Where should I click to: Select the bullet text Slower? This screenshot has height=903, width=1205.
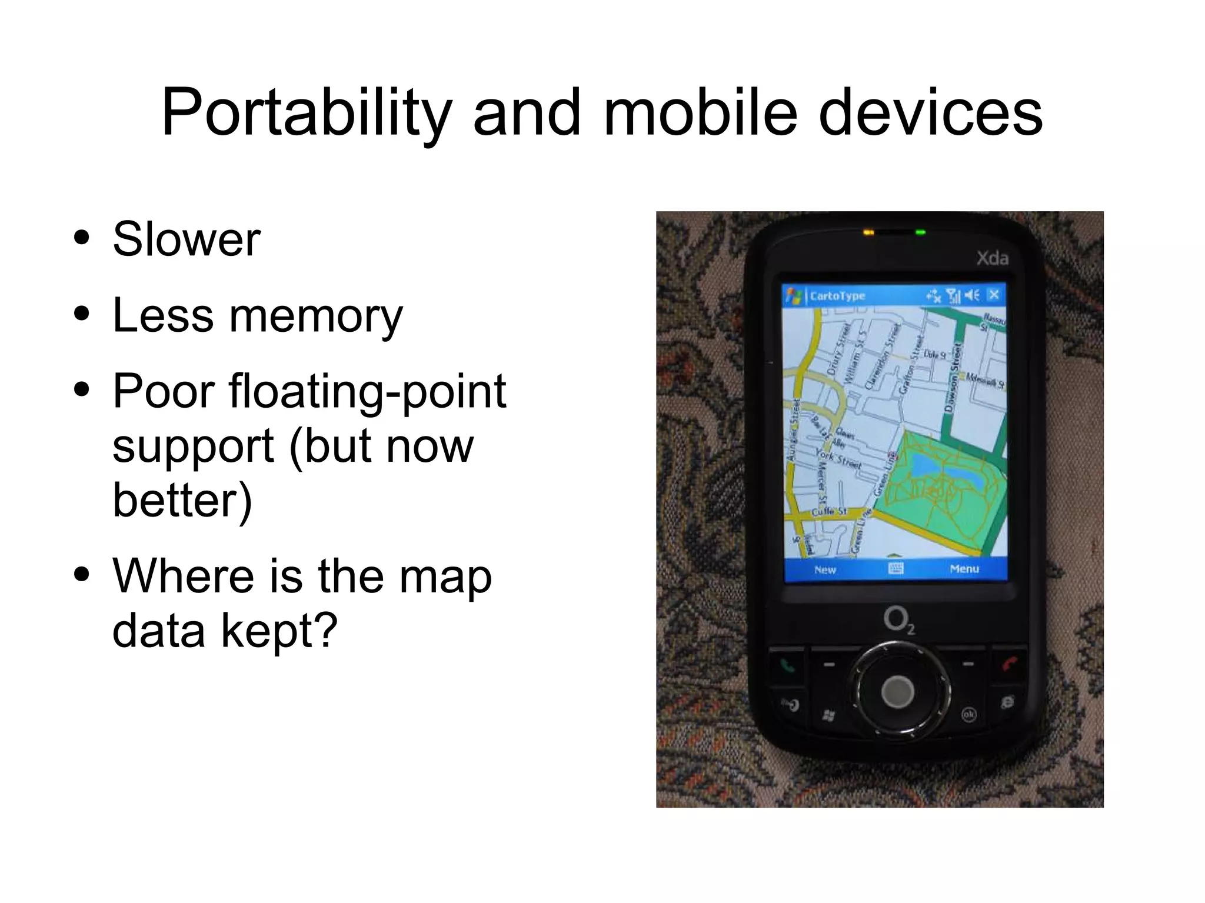click(x=187, y=239)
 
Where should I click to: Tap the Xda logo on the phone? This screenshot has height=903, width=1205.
click(x=992, y=258)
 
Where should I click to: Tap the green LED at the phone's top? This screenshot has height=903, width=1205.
click(x=921, y=233)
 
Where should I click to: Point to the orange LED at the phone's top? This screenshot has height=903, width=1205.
click(x=868, y=233)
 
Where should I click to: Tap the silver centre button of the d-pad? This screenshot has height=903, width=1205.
click(x=898, y=690)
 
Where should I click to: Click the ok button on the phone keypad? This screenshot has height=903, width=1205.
click(x=968, y=714)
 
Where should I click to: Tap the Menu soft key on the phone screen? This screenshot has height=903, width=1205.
click(x=964, y=569)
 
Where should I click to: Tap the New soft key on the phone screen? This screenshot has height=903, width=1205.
click(x=825, y=569)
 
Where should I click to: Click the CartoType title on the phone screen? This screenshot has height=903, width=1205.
click(x=837, y=296)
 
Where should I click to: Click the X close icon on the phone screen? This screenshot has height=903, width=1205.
click(x=994, y=295)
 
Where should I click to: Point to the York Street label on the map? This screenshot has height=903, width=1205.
click(x=838, y=459)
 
